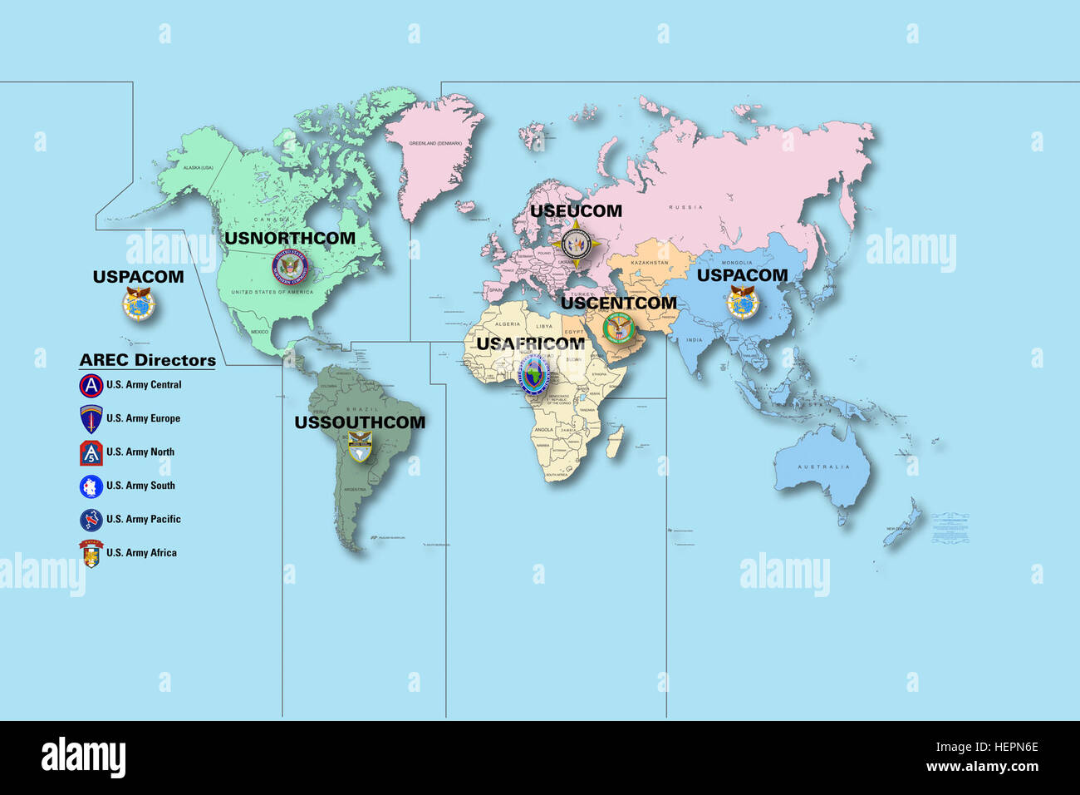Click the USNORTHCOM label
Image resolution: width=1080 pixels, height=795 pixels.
click(x=290, y=238)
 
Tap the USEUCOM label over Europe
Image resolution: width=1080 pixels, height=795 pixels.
click(x=576, y=211)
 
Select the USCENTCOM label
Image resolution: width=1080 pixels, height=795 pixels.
click(x=618, y=303)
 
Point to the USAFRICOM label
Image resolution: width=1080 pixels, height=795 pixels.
click(x=530, y=343)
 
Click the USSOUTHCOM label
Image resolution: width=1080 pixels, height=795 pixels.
click(x=360, y=422)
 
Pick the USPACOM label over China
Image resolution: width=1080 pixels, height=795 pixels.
click(x=742, y=275)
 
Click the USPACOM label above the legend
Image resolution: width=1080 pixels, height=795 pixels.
click(x=138, y=277)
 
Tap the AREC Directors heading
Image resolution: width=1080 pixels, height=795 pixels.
click(x=147, y=360)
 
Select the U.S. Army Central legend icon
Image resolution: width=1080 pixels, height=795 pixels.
click(x=91, y=386)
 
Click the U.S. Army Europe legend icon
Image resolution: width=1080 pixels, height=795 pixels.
click(x=91, y=419)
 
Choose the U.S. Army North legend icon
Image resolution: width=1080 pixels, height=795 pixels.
click(x=91, y=453)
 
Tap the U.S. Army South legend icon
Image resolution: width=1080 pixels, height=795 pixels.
click(x=91, y=486)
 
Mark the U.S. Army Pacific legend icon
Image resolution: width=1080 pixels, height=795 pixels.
click(x=91, y=520)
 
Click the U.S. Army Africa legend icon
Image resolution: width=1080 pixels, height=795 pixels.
click(x=91, y=553)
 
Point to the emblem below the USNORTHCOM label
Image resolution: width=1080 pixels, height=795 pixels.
click(x=290, y=267)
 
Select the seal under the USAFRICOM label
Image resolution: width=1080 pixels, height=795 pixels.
click(x=533, y=375)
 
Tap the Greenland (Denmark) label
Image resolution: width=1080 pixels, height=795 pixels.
click(x=434, y=143)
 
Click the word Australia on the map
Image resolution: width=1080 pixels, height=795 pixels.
click(x=823, y=467)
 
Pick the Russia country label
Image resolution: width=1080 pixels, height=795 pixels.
click(x=685, y=207)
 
